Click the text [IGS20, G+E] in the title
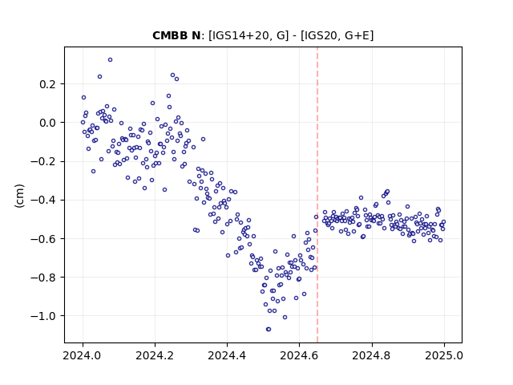pyautogui.click(x=337, y=35)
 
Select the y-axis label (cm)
pyautogui.click(x=19, y=196)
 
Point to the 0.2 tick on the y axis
pyautogui.click(x=48, y=84)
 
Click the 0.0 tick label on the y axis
pyautogui.click(x=48, y=123)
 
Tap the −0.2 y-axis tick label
pyautogui.click(x=43, y=161)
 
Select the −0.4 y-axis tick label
pyautogui.click(x=43, y=200)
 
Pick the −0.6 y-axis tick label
pyautogui.click(x=43, y=239)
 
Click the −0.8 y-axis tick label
pyautogui.click(x=43, y=278)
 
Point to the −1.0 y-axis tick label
pyautogui.click(x=43, y=316)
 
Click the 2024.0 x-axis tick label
pyautogui.click(x=83, y=355)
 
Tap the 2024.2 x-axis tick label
pyautogui.click(x=155, y=355)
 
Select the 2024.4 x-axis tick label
pyautogui.click(x=227, y=355)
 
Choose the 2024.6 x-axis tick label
pyautogui.click(x=299, y=355)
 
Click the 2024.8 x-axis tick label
pyautogui.click(x=371, y=355)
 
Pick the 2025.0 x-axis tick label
pyautogui.click(x=443, y=355)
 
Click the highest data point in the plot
pyautogui.click(x=111, y=60)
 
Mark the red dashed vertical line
pyautogui.click(x=317, y=195)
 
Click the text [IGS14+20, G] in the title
pyautogui.click(x=248, y=35)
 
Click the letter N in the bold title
pyautogui.click(x=196, y=35)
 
